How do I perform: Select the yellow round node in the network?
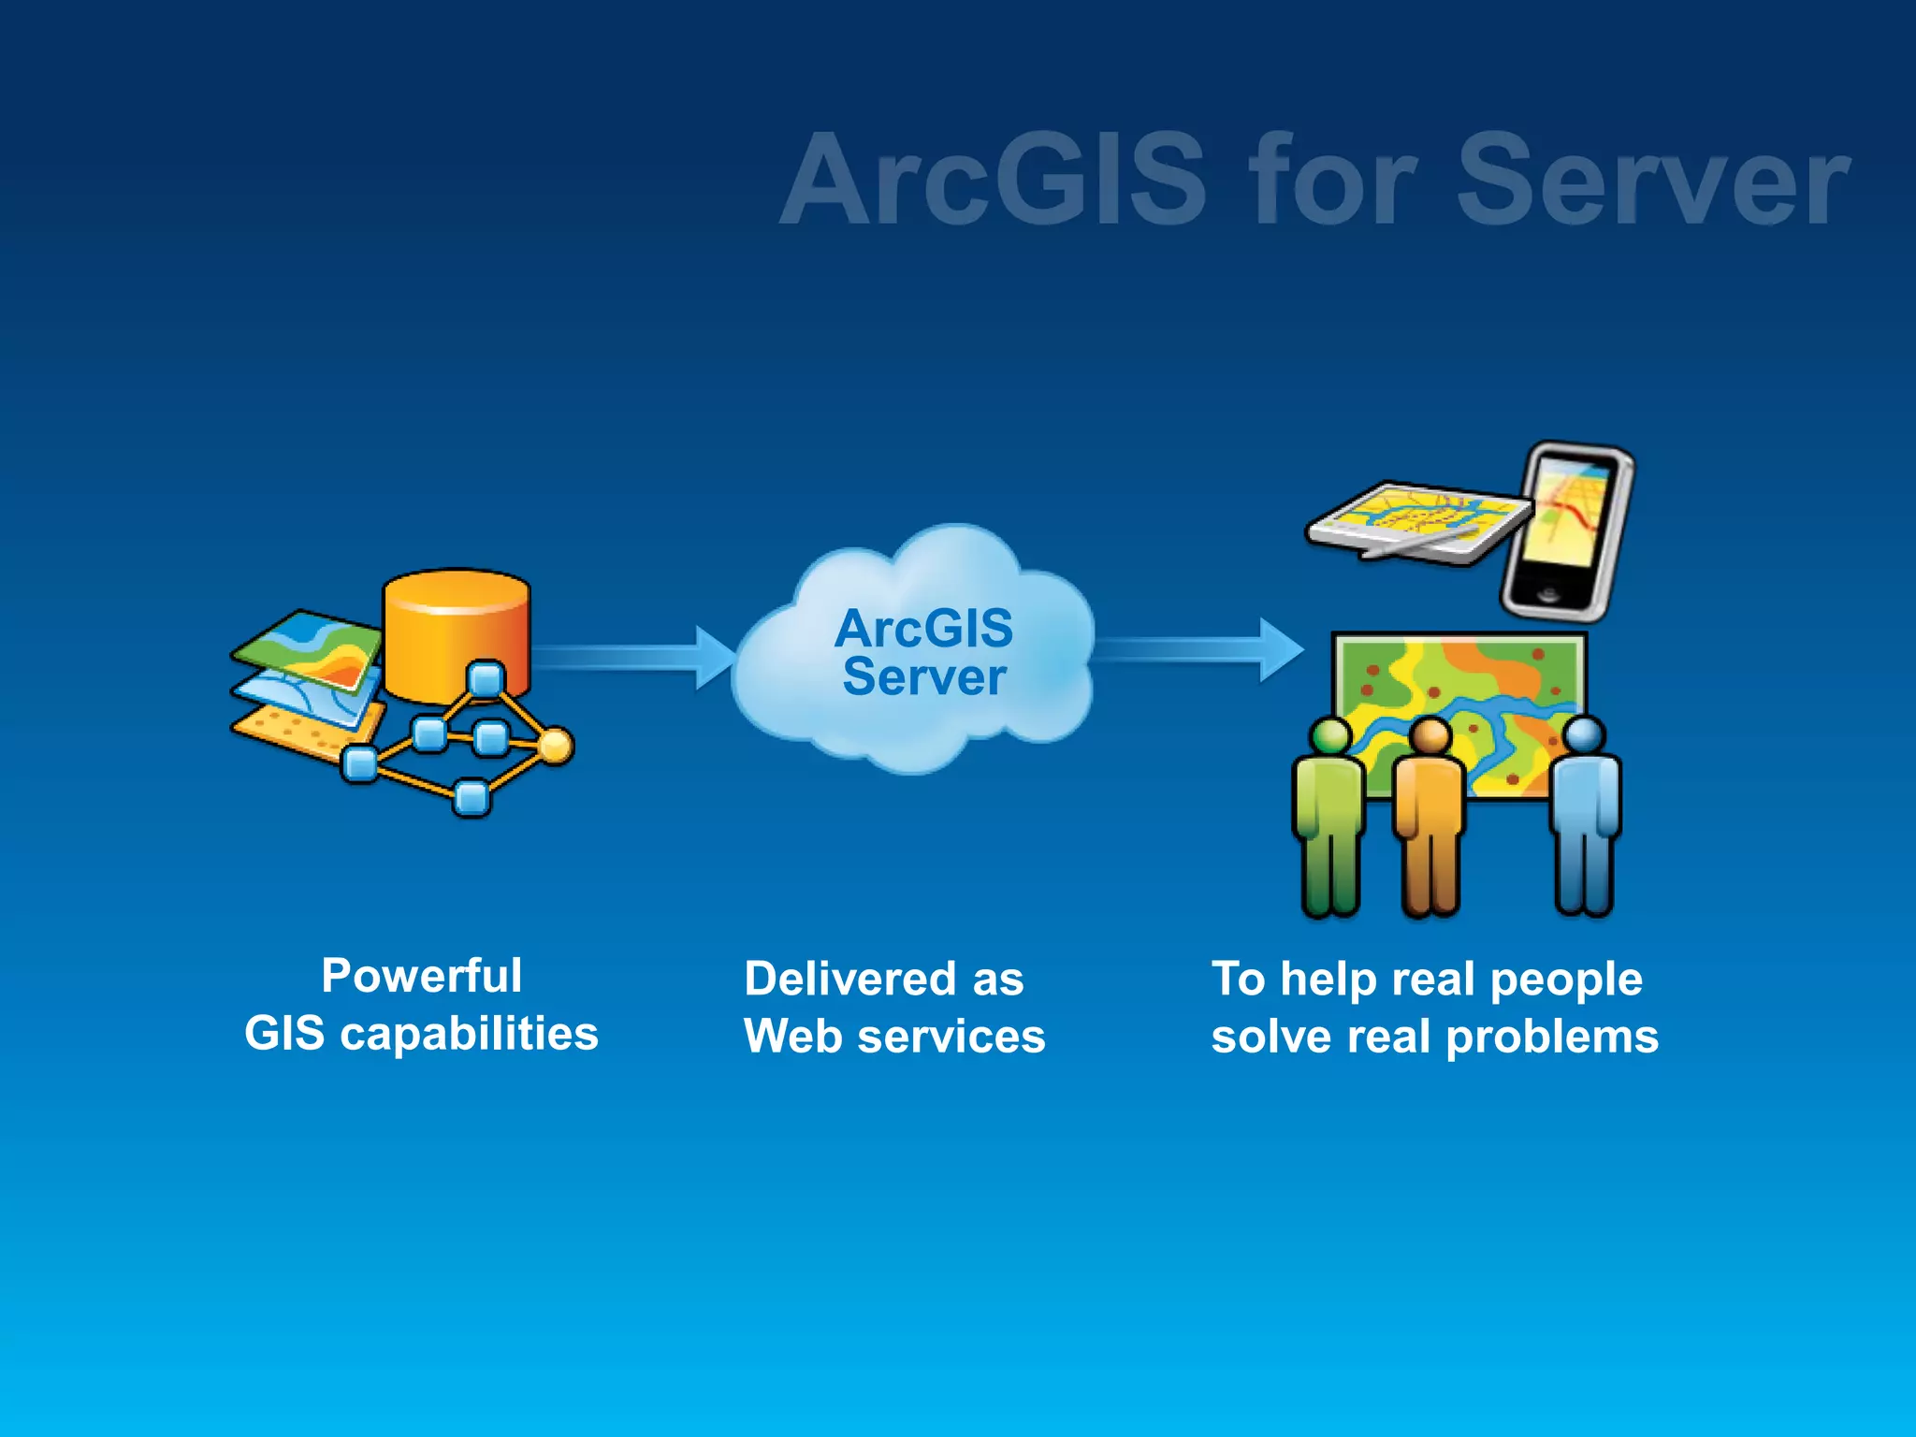pyautogui.click(x=556, y=747)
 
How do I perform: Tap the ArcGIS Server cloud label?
pyautogui.click(x=923, y=652)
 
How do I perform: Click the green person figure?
pyautogui.click(x=1328, y=814)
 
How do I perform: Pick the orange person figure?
pyautogui.click(x=1429, y=814)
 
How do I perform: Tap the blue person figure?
pyautogui.click(x=1584, y=814)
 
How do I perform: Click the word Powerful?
pyautogui.click(x=421, y=976)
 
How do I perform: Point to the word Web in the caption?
pyautogui.click(x=792, y=1037)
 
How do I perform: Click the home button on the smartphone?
pyautogui.click(x=1548, y=594)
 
